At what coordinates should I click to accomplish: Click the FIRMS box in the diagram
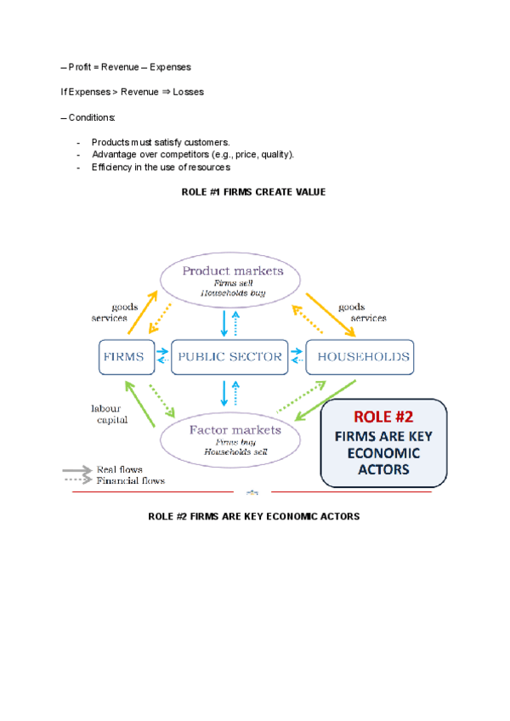pos(125,357)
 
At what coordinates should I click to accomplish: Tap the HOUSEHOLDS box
pos(363,357)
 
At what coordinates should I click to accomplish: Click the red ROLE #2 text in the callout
pos(382,418)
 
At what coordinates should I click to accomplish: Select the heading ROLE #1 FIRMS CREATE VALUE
pos(253,192)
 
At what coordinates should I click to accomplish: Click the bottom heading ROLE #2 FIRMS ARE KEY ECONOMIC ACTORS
pos(253,516)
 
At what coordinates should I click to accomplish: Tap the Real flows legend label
pos(119,469)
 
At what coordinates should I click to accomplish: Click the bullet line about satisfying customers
pos(161,142)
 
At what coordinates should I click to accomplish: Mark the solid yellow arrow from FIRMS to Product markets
pos(141,312)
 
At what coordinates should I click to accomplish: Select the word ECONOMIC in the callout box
pos(383,453)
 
